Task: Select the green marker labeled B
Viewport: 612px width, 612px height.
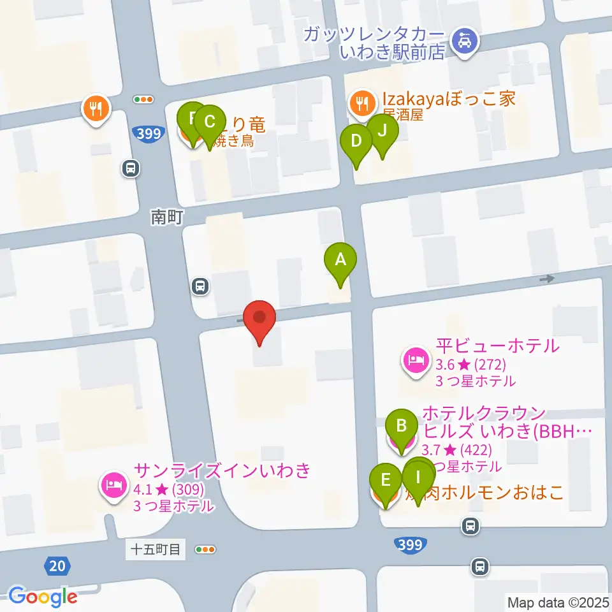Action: [x=402, y=426]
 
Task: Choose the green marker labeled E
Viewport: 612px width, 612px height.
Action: [x=386, y=479]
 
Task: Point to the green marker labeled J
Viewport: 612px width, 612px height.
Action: [x=382, y=131]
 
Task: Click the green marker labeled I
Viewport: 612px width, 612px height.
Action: [x=418, y=477]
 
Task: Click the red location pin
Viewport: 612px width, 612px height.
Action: [x=260, y=318]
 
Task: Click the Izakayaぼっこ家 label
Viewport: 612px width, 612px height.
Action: [x=448, y=99]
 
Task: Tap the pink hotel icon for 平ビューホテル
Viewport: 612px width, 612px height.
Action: [x=416, y=360]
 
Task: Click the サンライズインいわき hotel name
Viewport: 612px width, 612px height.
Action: [x=222, y=471]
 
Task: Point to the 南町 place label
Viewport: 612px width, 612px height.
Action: [x=167, y=217]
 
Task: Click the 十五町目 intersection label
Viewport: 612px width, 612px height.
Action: [x=156, y=549]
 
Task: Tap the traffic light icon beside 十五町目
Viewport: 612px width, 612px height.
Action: [x=206, y=549]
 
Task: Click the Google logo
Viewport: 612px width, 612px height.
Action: [x=43, y=597]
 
